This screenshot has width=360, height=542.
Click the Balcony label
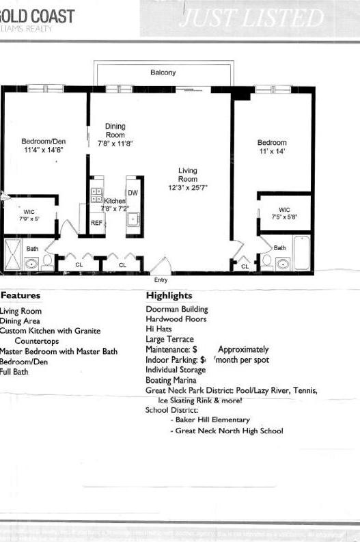click(x=163, y=72)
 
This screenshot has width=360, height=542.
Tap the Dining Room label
click(x=115, y=131)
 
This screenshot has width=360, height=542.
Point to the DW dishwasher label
click(x=133, y=193)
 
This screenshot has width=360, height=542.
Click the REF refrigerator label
click(x=97, y=223)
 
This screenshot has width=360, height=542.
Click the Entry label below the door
click(x=161, y=280)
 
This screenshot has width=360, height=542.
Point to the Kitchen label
click(x=115, y=201)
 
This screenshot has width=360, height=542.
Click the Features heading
click(x=20, y=296)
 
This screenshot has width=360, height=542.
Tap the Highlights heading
click(x=169, y=296)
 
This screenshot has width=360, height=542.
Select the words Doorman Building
click(x=176, y=309)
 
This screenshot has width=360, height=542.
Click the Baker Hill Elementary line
click(x=212, y=420)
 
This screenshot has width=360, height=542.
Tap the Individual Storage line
click(x=176, y=370)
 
